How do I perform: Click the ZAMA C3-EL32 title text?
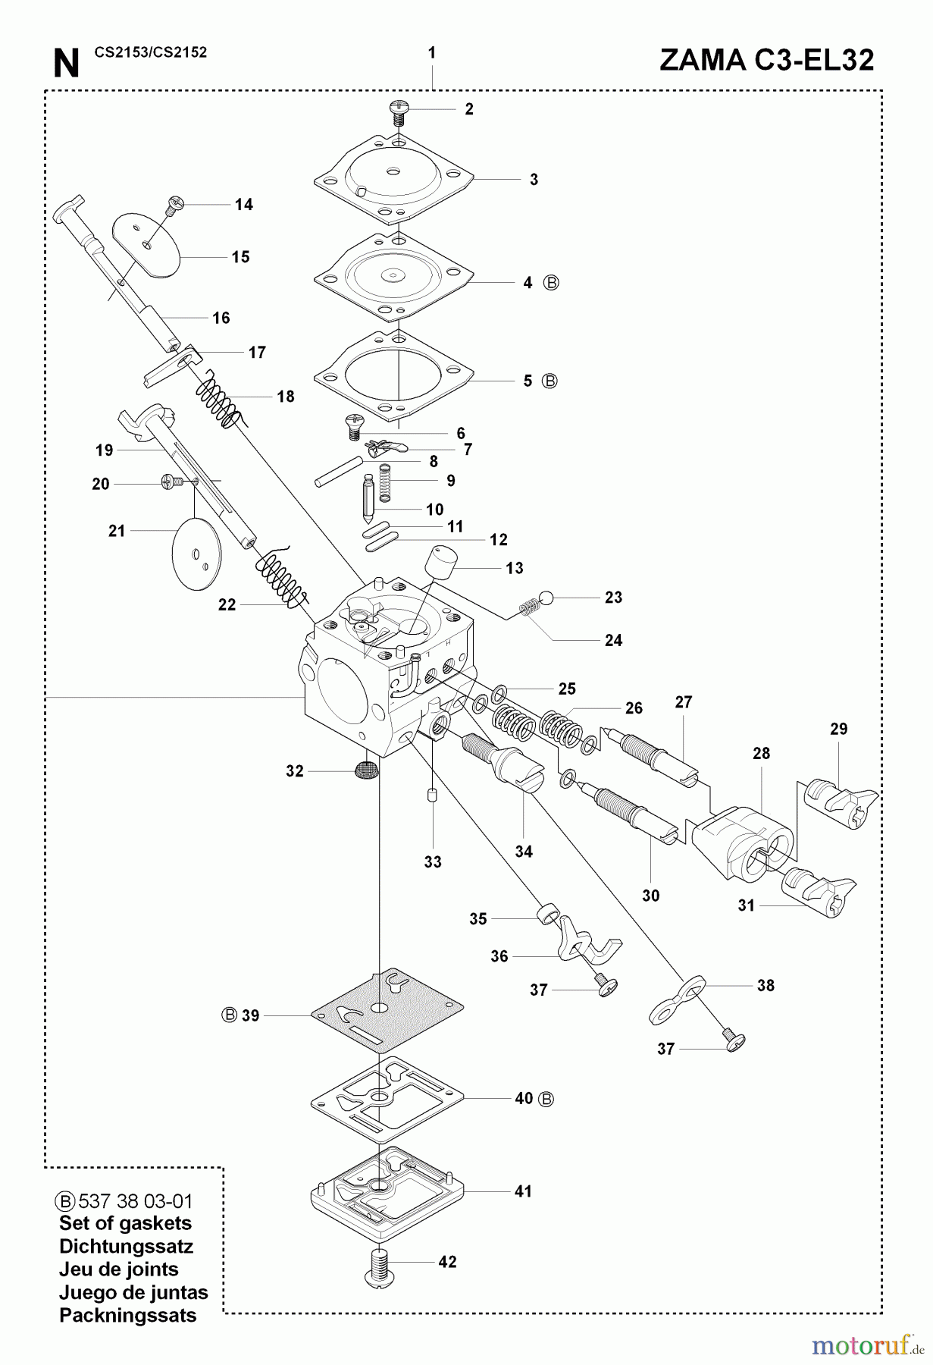pos(766,61)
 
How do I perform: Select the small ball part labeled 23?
pos(548,598)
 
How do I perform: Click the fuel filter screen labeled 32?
pos(365,771)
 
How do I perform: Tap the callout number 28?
pos(761,753)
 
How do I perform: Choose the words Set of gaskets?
pos(125,1223)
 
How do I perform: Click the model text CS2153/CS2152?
pos(151,52)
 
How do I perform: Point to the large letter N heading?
pos(66,64)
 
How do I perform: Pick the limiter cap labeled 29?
pos(838,799)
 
